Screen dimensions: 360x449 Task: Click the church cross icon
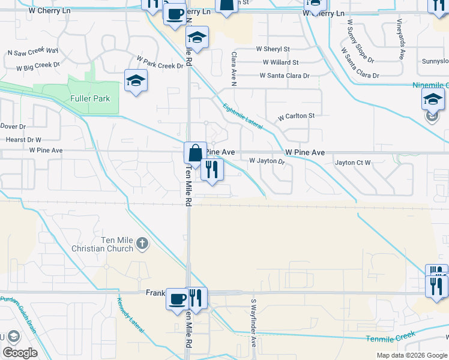pyautogui.click(x=142, y=243)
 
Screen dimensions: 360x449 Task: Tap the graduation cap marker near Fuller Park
pyautogui.click(x=136, y=80)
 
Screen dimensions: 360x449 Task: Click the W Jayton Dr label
pyautogui.click(x=266, y=161)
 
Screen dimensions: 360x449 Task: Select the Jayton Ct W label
pyautogui.click(x=354, y=163)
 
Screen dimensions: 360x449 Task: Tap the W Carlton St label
pyautogui.click(x=295, y=116)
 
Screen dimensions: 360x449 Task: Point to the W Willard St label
pyautogui.click(x=280, y=62)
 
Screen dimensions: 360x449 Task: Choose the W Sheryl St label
pyautogui.click(x=273, y=49)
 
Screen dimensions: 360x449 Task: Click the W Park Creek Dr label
pyautogui.click(x=160, y=62)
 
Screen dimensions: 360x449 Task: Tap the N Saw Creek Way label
pyautogui.click(x=32, y=52)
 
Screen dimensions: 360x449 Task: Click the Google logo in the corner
pyautogui.click(x=20, y=353)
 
